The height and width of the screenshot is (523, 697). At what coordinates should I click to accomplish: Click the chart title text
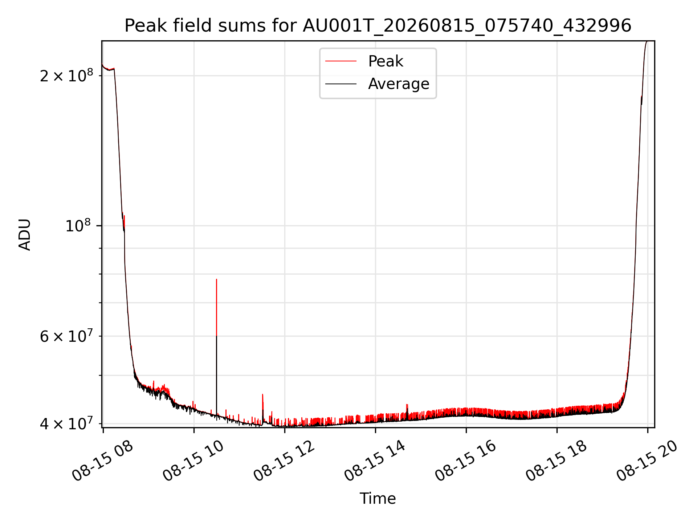click(378, 26)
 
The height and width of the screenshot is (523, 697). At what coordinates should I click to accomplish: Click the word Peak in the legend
click(386, 61)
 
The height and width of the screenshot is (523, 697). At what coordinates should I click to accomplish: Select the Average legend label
click(399, 84)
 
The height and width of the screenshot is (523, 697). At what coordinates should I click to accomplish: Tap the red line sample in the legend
click(341, 61)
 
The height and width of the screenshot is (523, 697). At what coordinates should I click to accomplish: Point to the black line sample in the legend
click(341, 84)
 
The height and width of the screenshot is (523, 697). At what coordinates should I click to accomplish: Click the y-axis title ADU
click(25, 234)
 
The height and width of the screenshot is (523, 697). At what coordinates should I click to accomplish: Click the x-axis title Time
click(378, 499)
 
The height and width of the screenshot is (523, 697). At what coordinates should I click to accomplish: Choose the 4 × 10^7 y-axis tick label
click(66, 423)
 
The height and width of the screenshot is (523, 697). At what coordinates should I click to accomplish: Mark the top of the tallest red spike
click(216, 279)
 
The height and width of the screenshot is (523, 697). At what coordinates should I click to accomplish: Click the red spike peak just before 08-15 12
click(262, 394)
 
